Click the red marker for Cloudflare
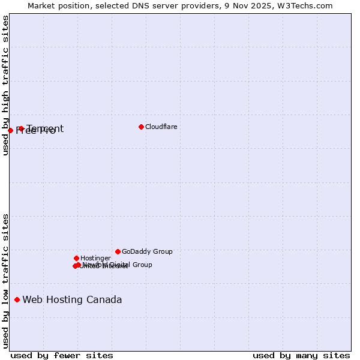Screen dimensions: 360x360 click(x=141, y=127)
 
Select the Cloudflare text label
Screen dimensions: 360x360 click(x=161, y=127)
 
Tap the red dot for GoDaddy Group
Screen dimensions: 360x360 click(x=118, y=251)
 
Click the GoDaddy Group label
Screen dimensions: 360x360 click(x=147, y=251)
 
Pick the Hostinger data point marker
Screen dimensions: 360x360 click(x=76, y=258)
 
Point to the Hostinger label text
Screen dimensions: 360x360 click(x=95, y=258)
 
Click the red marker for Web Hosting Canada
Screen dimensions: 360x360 click(x=17, y=299)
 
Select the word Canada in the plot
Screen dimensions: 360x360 click(x=104, y=299)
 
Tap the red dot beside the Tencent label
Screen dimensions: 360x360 click(x=21, y=128)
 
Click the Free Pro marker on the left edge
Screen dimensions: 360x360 click(x=10, y=130)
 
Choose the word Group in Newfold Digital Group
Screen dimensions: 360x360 click(x=142, y=265)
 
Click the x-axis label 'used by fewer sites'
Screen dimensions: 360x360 click(x=62, y=355)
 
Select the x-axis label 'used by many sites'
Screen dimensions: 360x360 click(x=301, y=355)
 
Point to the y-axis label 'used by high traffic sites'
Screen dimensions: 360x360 click(x=6, y=85)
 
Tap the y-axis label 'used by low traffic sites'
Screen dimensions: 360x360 click(x=6, y=280)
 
